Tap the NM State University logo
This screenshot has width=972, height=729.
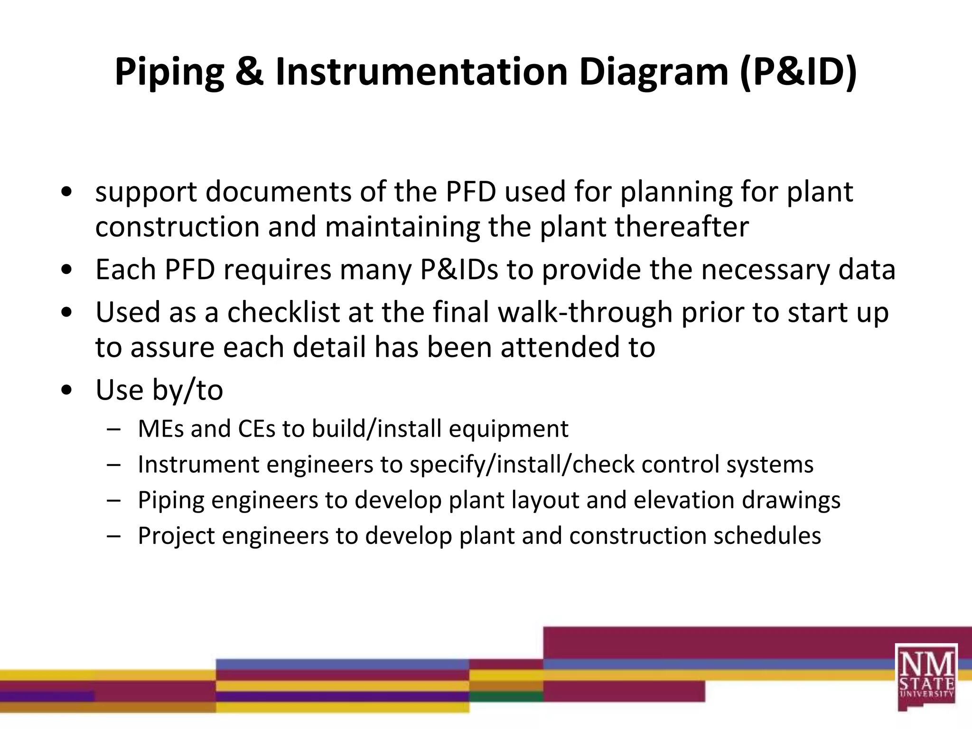coord(926,677)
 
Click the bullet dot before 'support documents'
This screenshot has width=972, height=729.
coord(67,192)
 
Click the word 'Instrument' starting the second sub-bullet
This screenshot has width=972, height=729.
coord(198,465)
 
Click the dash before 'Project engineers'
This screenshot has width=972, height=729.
coord(113,536)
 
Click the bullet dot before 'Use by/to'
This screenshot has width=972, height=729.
coord(67,391)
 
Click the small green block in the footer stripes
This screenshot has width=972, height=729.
coord(506,696)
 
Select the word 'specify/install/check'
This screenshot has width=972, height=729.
coord(521,465)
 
